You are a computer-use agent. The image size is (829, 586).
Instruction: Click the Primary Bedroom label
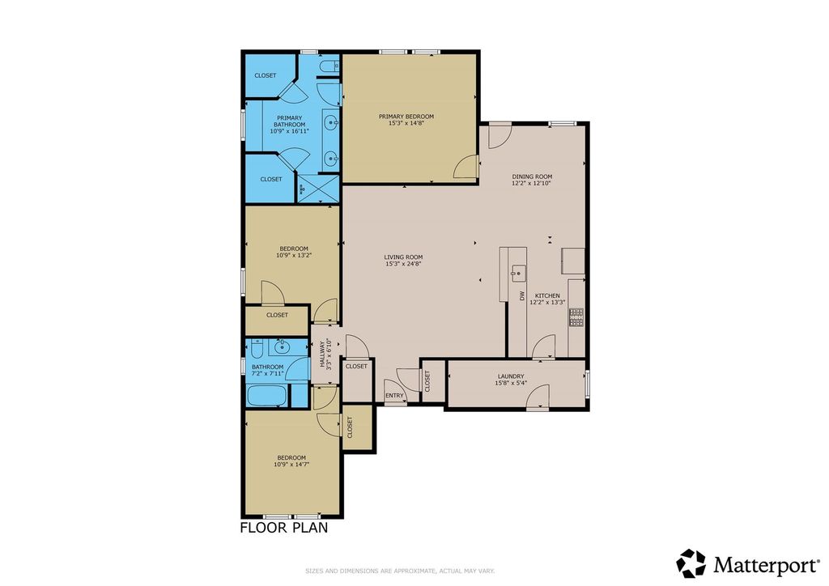(406, 117)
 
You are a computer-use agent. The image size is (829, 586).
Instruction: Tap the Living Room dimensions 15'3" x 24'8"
(403, 264)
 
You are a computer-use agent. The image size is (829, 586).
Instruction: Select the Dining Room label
(532, 176)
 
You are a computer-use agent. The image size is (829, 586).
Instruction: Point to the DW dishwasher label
(521, 295)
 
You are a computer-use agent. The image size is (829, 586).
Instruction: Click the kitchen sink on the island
(517, 273)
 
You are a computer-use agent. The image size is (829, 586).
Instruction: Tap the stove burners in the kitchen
(576, 316)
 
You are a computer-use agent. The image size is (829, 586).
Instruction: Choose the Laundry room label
(511, 376)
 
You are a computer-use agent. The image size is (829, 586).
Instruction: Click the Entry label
(394, 395)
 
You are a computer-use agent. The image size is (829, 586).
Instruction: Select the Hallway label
(321, 354)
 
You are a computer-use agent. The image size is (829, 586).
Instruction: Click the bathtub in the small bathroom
(267, 395)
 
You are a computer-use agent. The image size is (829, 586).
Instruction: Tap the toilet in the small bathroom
(257, 348)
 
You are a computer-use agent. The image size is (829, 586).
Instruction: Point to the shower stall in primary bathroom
(317, 189)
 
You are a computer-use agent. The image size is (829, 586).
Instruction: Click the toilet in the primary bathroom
(331, 66)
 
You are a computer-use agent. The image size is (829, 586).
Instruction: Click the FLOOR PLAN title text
(284, 528)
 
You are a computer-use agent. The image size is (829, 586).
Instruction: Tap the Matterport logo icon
(691, 563)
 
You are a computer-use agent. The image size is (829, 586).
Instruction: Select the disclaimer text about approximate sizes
(400, 571)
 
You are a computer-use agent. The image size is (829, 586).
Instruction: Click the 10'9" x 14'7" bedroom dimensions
(291, 465)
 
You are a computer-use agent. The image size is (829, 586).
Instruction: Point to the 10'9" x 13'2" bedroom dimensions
(294, 255)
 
